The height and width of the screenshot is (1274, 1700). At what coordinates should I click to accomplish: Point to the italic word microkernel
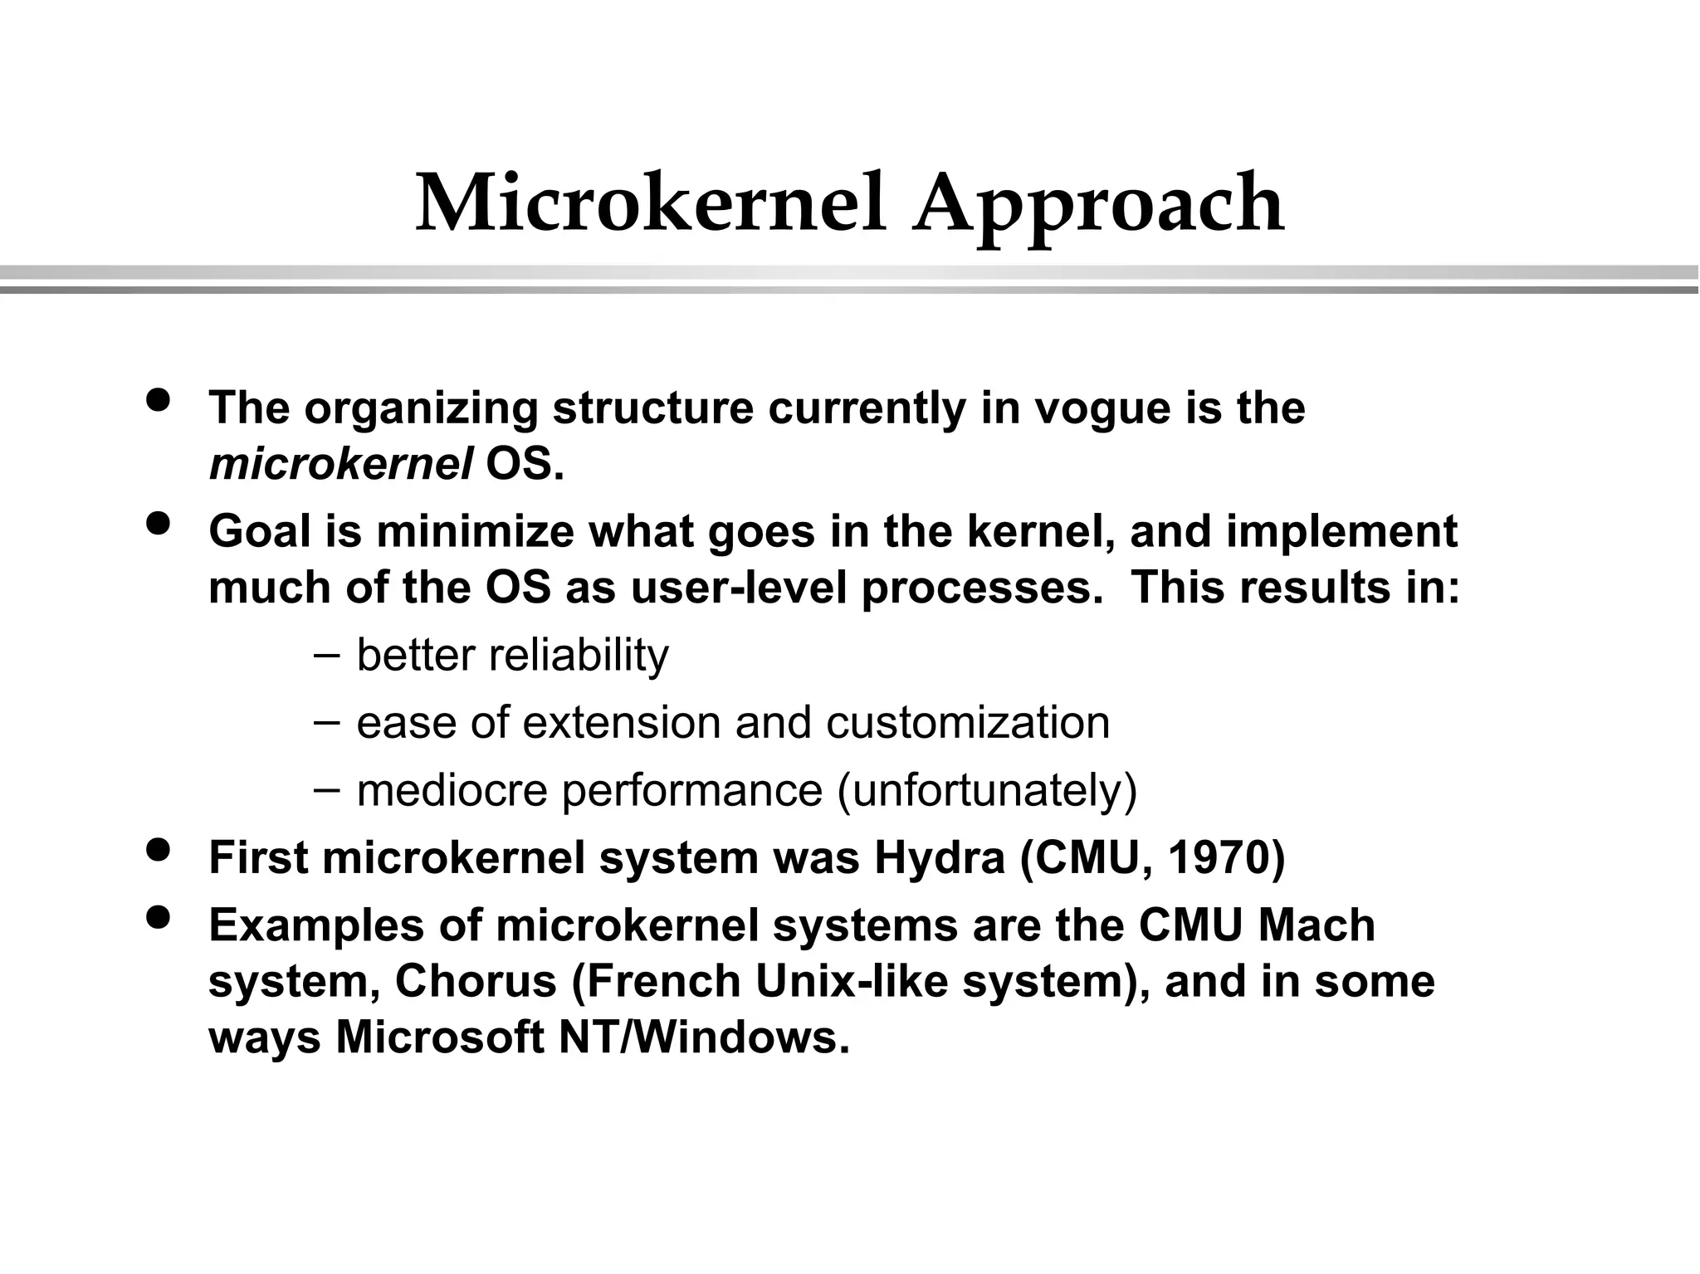[x=340, y=464]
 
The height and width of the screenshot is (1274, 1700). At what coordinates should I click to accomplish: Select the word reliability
[x=579, y=656]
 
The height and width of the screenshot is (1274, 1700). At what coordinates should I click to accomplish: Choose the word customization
[x=968, y=723]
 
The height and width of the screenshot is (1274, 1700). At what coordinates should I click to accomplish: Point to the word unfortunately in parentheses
[x=987, y=791]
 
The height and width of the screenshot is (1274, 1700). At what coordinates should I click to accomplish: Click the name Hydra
[x=939, y=858]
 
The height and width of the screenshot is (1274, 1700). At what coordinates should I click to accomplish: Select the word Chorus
[x=475, y=982]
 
